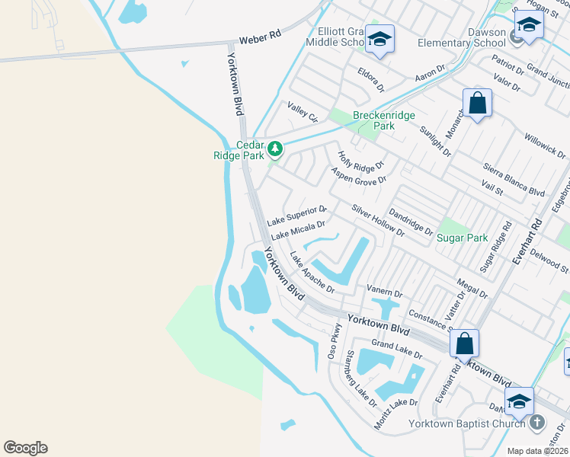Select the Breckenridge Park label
click(x=384, y=120)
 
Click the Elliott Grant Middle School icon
click(x=379, y=39)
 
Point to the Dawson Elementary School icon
click(x=529, y=26)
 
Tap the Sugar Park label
click(x=462, y=238)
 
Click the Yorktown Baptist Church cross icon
click(x=536, y=422)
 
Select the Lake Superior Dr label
click(x=297, y=215)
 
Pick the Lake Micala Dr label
click(x=298, y=229)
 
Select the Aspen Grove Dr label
click(x=358, y=174)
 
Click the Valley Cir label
click(x=302, y=112)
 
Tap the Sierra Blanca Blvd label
click(x=514, y=180)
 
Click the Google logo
click(x=25, y=448)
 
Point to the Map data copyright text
click(x=536, y=451)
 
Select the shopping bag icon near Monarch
click(x=477, y=104)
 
